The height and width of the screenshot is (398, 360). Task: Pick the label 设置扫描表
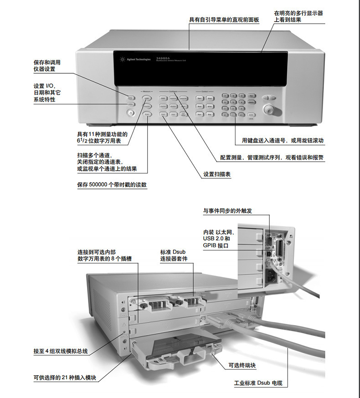point(217,174)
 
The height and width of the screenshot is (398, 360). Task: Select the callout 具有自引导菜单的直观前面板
point(224,20)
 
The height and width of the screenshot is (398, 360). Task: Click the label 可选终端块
point(242,365)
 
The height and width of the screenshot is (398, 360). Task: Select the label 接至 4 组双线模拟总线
point(60,351)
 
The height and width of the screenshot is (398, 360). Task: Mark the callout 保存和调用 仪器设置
point(47,66)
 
